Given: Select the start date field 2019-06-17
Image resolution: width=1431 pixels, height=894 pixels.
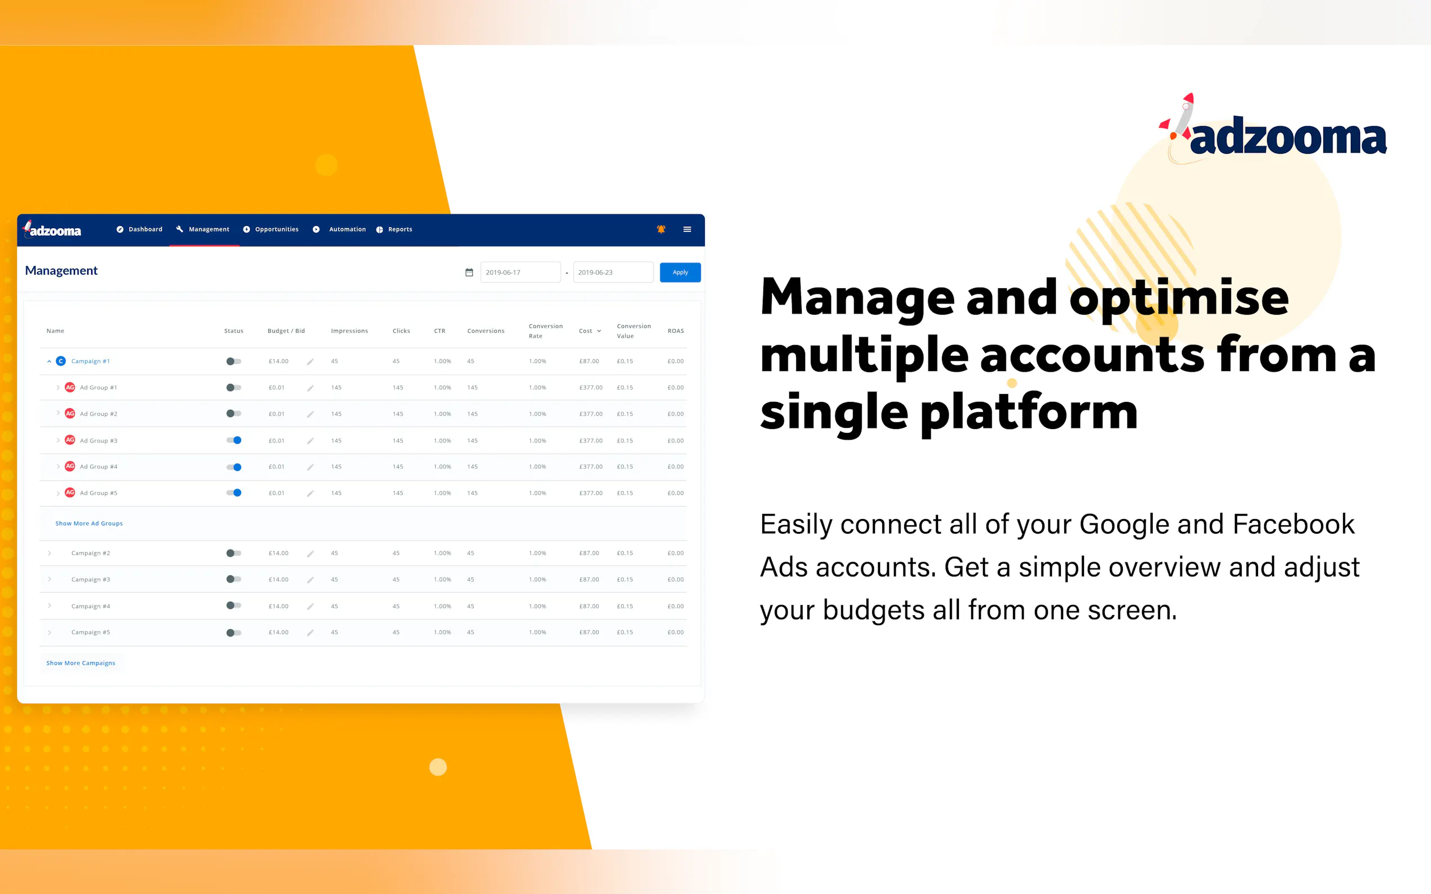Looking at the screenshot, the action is (520, 272).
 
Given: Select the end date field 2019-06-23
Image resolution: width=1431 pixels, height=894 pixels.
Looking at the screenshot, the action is (613, 272).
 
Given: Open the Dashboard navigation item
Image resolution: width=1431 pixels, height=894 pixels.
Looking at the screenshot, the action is (140, 230).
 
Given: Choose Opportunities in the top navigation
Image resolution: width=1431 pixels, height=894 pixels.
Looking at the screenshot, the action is (271, 230).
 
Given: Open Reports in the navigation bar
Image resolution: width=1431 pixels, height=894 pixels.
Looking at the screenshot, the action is (394, 230).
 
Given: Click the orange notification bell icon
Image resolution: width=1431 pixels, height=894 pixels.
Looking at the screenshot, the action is (661, 230).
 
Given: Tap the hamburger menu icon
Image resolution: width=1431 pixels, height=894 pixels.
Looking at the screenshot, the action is (687, 230).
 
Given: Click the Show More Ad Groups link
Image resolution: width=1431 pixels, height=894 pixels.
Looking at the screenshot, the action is (90, 523).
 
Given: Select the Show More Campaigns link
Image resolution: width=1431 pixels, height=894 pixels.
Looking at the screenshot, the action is (81, 663).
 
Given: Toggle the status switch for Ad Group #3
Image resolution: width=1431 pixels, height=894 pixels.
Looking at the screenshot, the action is (234, 440).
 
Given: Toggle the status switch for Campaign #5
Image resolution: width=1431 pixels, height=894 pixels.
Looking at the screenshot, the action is (234, 633).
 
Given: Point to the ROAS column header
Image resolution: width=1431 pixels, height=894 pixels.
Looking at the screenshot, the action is (675, 331).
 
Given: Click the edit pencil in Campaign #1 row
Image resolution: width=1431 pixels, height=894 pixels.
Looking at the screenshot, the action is (310, 361).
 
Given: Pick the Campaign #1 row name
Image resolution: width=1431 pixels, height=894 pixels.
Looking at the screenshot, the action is (91, 361).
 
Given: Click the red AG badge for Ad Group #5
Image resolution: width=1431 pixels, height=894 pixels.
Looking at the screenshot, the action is (70, 493).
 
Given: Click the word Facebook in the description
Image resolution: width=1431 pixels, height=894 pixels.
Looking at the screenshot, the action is (1294, 525).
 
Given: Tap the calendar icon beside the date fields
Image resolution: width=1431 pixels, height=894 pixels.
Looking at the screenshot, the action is (469, 272).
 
